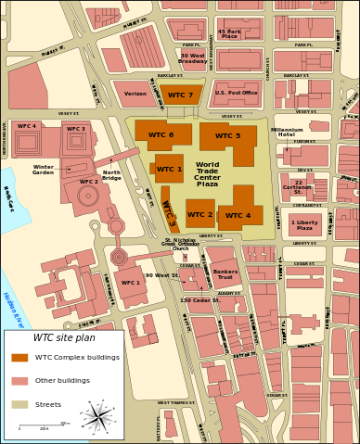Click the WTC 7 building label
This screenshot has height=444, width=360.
(x=181, y=95)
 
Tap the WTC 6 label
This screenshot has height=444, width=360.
(x=161, y=135)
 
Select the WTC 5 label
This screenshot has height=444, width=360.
(x=227, y=136)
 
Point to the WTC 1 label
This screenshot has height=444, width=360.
(x=169, y=170)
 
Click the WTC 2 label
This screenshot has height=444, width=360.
(x=199, y=215)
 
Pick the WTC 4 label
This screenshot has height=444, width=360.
(x=238, y=216)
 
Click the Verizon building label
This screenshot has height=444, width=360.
(x=135, y=94)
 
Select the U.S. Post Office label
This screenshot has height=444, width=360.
(x=236, y=93)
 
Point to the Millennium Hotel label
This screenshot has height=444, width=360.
(x=287, y=133)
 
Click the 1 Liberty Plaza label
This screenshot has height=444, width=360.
(x=304, y=225)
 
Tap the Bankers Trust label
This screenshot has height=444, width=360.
(x=225, y=274)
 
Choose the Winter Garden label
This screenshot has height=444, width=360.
(x=43, y=171)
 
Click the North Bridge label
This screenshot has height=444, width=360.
(x=111, y=174)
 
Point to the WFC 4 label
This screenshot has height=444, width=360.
(x=27, y=126)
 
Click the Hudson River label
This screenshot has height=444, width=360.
(x=13, y=310)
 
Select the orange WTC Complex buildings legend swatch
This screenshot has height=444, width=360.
(x=19, y=357)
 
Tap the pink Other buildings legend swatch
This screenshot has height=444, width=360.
(x=19, y=380)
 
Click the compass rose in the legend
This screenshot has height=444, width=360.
(x=96, y=417)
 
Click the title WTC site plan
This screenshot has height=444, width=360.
(x=64, y=337)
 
